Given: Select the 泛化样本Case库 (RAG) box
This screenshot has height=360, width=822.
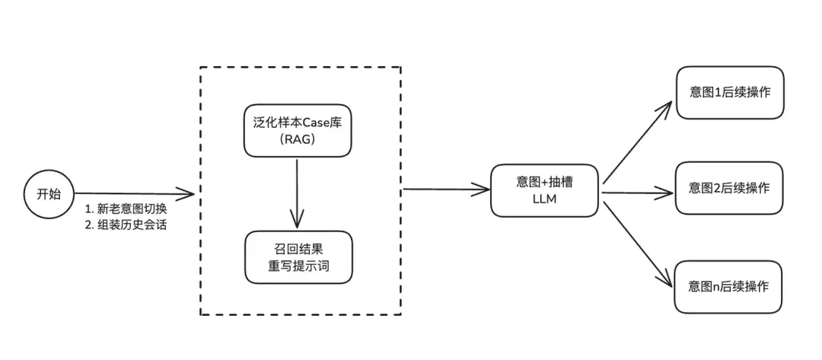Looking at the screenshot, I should pyautogui.click(x=298, y=130).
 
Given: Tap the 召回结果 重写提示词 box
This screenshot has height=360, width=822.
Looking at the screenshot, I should pyautogui.click(x=298, y=258).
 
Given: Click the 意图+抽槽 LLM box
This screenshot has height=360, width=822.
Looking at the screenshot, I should pyautogui.click(x=545, y=190).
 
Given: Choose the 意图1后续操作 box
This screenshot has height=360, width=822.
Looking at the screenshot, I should pyautogui.click(x=728, y=92).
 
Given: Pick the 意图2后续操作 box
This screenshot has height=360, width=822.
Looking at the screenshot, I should pyautogui.click(x=728, y=187).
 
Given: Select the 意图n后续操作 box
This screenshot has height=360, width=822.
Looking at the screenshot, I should pyautogui.click(x=728, y=286).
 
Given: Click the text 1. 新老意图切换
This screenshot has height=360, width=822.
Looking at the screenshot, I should pyautogui.click(x=126, y=209).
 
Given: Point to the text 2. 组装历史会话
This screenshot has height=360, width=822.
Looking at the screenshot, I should pyautogui.click(x=126, y=225).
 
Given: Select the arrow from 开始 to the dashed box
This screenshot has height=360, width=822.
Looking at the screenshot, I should pyautogui.click(x=133, y=193).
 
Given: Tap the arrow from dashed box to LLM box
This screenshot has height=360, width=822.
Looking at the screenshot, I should pyautogui.click(x=445, y=189).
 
